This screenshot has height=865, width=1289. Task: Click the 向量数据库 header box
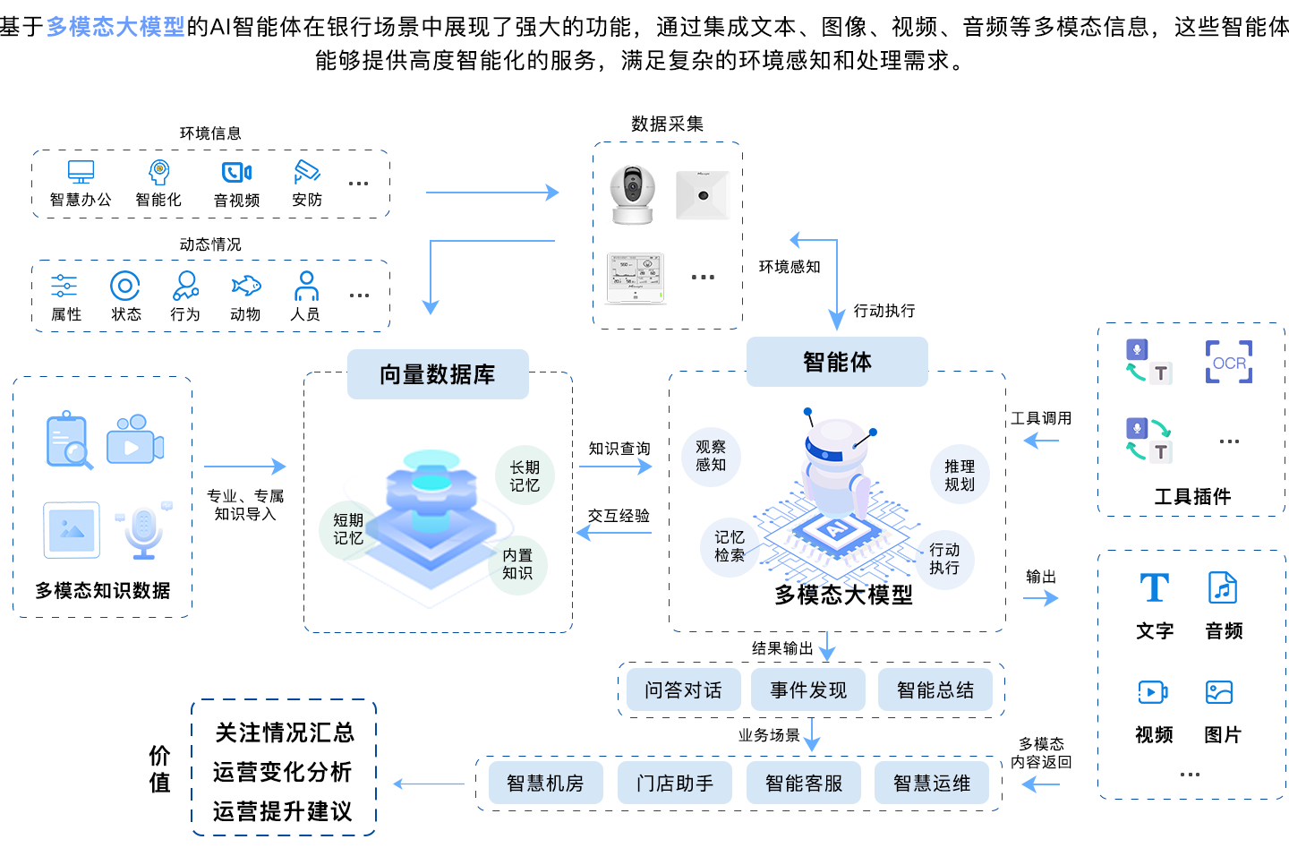[x=438, y=374]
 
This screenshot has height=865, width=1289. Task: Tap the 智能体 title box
[x=837, y=362]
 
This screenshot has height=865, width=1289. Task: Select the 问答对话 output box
[x=683, y=689]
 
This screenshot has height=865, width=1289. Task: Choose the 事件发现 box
[x=808, y=689]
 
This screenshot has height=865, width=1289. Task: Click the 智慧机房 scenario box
[x=545, y=783]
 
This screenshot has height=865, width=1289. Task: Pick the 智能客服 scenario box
[x=803, y=783]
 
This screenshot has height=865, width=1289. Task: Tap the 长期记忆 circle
[x=525, y=475]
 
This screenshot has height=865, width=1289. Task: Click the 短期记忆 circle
[x=348, y=529]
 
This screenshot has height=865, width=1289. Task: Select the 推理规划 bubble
[x=960, y=475]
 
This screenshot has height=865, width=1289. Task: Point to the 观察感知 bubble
[x=711, y=456]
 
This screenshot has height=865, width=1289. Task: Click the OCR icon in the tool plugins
[x=1228, y=363]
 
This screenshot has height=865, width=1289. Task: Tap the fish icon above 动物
[x=245, y=286]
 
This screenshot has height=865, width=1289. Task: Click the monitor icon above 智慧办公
[x=81, y=172]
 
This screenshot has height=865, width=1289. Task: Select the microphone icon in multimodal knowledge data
[x=143, y=531]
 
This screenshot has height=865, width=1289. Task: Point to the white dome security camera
[x=632, y=194]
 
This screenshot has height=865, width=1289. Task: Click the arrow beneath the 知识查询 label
[x=615, y=467]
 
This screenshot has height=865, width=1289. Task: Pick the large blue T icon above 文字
[x=1154, y=587]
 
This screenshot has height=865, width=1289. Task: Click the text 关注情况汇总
[x=285, y=732]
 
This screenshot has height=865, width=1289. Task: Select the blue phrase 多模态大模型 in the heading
[x=115, y=27]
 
